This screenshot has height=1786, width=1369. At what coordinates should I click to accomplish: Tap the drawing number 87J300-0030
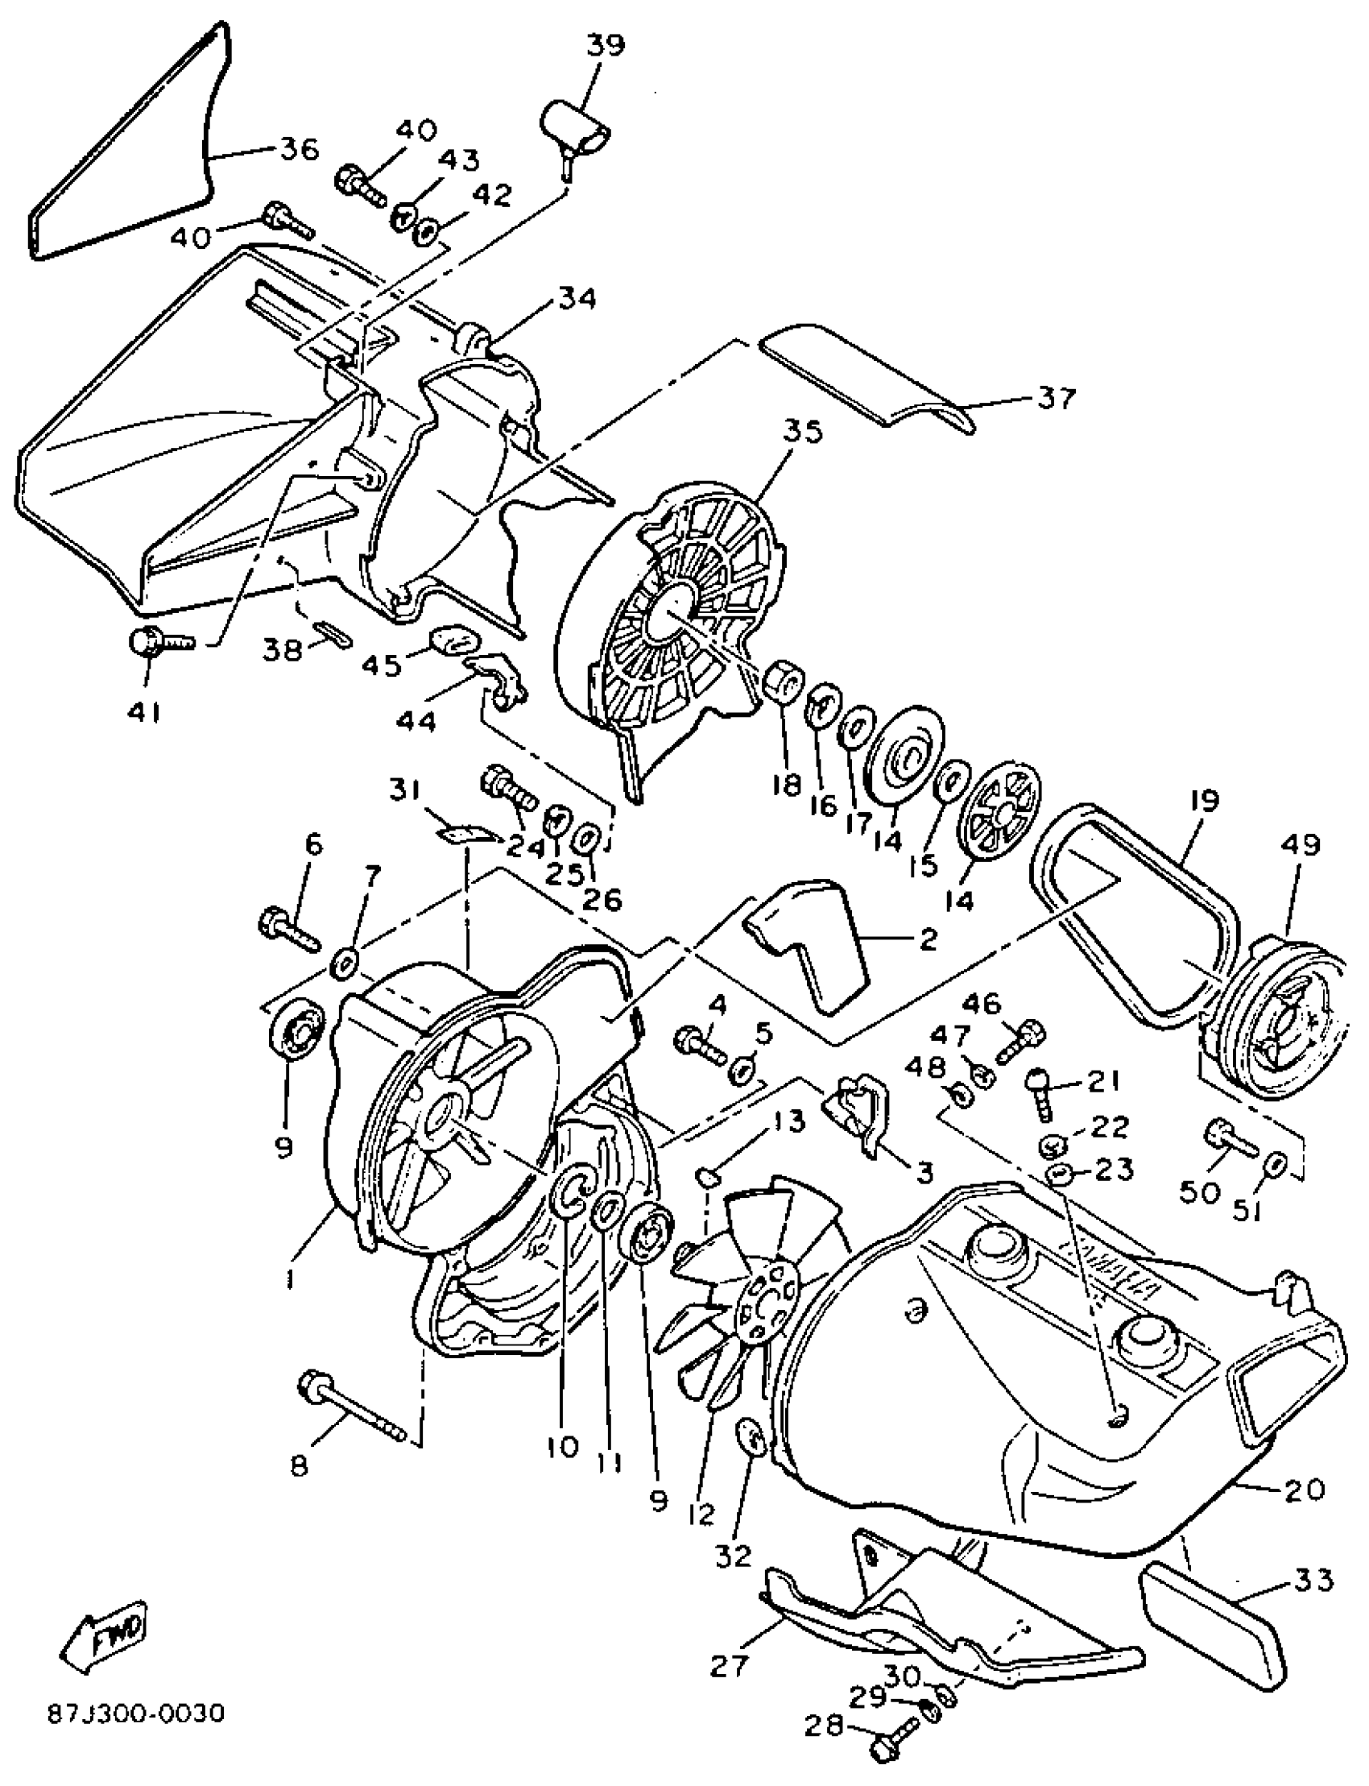click(134, 1712)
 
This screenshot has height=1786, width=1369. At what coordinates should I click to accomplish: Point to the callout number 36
click(299, 149)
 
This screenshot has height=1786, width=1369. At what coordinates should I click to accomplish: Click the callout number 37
click(1057, 399)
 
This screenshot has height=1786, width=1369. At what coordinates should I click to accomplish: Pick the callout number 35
click(802, 431)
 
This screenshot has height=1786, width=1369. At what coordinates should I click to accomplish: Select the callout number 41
click(144, 711)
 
